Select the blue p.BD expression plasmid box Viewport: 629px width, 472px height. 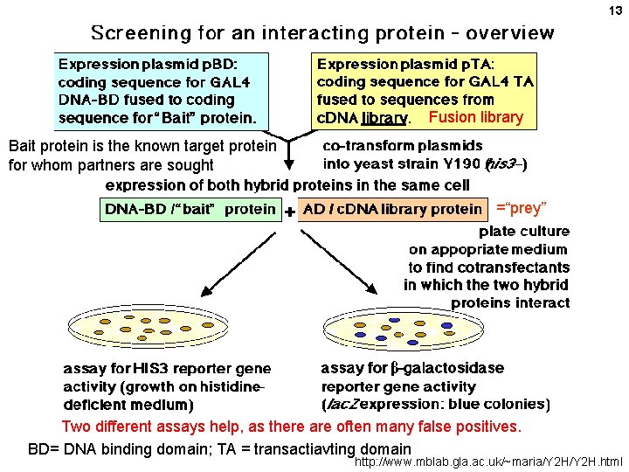(x=162, y=90)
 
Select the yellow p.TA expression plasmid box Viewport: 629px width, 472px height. (x=425, y=90)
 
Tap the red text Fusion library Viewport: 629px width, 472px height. (x=476, y=117)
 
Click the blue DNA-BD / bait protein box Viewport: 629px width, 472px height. (x=190, y=210)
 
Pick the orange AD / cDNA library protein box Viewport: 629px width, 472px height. (x=392, y=210)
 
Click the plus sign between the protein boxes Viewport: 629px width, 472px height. (x=289, y=212)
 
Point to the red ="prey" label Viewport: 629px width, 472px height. (x=521, y=208)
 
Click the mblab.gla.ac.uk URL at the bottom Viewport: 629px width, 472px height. (x=488, y=461)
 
